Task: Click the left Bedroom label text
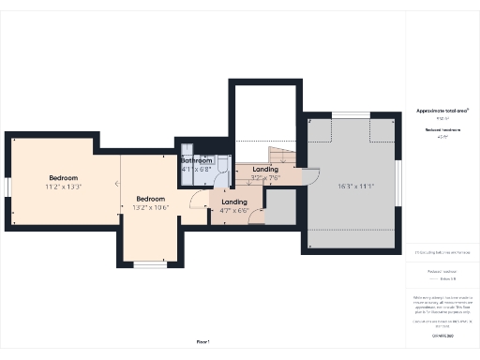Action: pyautogui.click(x=64, y=178)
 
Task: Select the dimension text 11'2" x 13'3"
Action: pyautogui.click(x=64, y=187)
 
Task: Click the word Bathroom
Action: pyautogui.click(x=196, y=160)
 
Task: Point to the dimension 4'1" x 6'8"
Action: pyautogui.click(x=196, y=170)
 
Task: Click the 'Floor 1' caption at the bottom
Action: pyautogui.click(x=203, y=342)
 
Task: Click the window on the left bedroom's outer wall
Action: pyautogui.click(x=7, y=187)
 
